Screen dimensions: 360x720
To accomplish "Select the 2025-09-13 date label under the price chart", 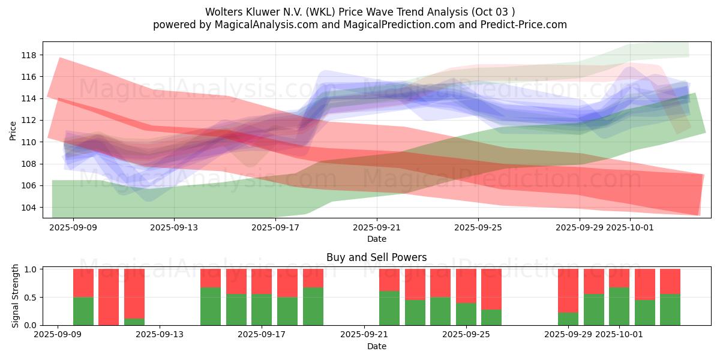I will [173, 228].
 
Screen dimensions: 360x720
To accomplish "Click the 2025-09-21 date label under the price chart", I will [377, 228].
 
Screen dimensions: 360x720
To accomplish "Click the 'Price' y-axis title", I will [13, 130].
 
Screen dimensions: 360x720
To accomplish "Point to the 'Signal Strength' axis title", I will [16, 296].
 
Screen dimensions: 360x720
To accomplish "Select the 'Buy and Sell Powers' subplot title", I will [377, 257].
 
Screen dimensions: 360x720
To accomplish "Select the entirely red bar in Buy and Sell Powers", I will [109, 297].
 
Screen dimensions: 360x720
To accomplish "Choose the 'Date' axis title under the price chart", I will [377, 239].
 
